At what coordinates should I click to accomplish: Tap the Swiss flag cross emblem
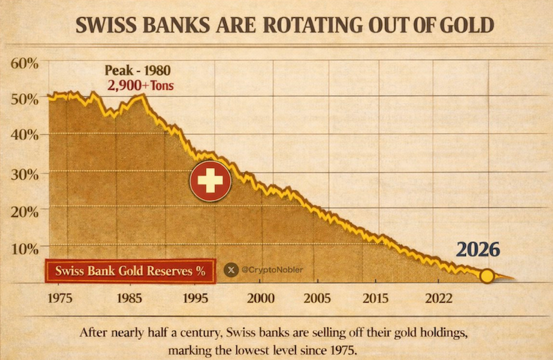click(x=211, y=182)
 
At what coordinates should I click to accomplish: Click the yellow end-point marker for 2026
click(x=487, y=276)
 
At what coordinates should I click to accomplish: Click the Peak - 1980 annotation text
click(x=137, y=70)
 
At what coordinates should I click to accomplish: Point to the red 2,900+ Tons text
click(x=141, y=86)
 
